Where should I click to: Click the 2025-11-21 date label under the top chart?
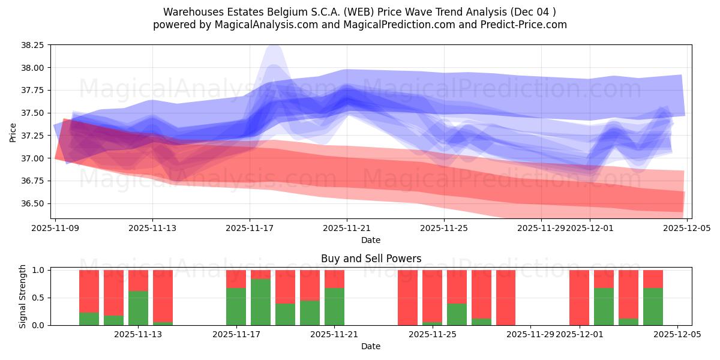tap(346, 228)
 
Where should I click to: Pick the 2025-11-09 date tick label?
tap(55, 228)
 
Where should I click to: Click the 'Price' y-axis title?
tap(13, 131)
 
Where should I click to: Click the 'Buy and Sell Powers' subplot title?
tap(371, 259)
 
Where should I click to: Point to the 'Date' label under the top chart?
tap(371, 240)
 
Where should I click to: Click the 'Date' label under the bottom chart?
tap(371, 346)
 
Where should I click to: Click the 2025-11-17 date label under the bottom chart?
tap(236, 335)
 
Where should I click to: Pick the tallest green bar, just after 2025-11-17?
tap(260, 302)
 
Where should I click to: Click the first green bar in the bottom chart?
tap(89, 319)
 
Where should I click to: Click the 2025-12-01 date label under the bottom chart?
tap(580, 335)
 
